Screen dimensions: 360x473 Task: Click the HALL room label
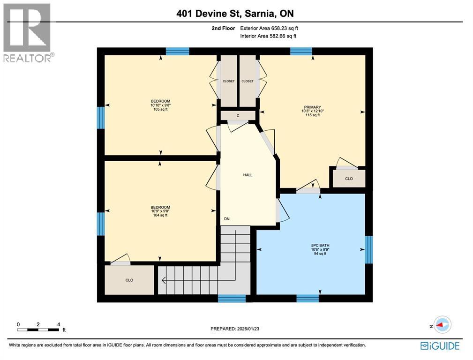pos(248,175)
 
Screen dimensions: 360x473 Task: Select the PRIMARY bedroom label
pos(311,107)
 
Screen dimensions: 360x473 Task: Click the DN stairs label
pos(227,219)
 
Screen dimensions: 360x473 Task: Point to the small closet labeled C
pos(238,115)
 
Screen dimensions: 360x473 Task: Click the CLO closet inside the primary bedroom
pos(349,179)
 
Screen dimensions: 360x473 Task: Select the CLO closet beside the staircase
pos(129,280)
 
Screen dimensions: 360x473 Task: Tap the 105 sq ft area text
pos(160,110)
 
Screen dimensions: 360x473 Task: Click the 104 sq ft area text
pos(160,215)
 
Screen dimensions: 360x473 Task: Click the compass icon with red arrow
pos(442,324)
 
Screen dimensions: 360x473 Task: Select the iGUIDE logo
pos(440,346)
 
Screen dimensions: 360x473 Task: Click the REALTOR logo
pos(27,33)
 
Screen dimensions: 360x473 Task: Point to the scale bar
pos(38,330)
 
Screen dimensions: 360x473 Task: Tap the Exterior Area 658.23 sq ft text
pos(268,28)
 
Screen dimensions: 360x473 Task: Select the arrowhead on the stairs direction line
pos(164,281)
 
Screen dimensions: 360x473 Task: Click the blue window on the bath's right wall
pos(369,250)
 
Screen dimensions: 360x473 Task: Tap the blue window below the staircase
pos(232,298)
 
